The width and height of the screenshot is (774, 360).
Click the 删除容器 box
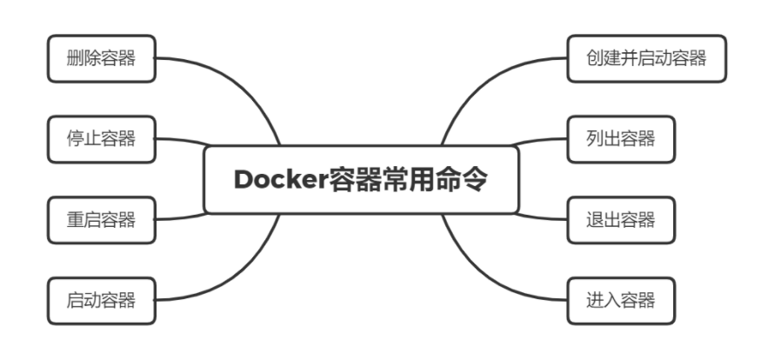coord(101,58)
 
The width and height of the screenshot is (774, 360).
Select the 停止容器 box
coord(101,138)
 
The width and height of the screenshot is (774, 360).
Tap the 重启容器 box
coord(101,219)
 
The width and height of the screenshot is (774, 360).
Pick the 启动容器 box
coord(101,300)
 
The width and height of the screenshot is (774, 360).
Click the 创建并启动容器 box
coord(645,58)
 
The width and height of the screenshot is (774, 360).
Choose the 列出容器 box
coord(620,138)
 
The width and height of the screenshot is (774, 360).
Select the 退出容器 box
coord(620,219)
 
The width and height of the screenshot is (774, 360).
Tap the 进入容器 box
coord(620,300)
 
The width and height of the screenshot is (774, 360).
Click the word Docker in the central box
coord(280,180)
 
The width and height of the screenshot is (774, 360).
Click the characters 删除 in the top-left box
coord(83,58)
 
